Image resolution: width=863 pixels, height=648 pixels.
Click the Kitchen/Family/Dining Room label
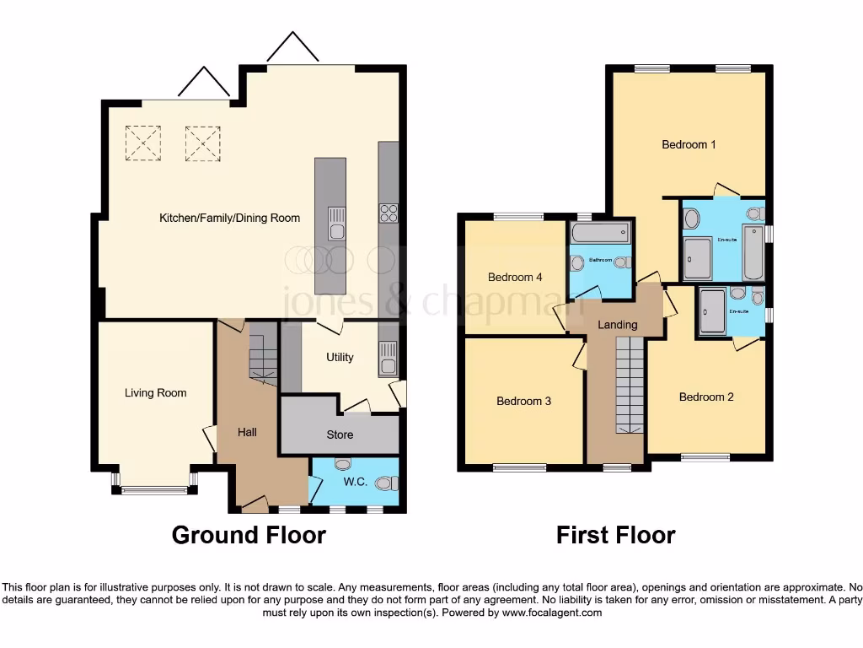click(x=229, y=218)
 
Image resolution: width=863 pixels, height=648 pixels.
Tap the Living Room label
click(x=155, y=392)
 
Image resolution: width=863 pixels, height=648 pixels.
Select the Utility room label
click(x=340, y=357)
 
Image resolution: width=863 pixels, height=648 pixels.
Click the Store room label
click(x=340, y=435)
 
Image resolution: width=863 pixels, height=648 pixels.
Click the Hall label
click(x=247, y=432)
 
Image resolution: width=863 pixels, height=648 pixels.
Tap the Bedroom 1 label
click(x=689, y=144)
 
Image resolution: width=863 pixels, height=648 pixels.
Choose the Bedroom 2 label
click(x=706, y=397)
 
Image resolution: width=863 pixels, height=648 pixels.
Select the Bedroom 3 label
click(x=523, y=401)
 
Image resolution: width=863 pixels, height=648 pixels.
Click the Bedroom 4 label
click(x=515, y=277)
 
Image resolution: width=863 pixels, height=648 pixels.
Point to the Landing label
click(x=617, y=325)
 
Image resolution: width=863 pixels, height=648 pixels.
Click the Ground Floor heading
click(x=249, y=535)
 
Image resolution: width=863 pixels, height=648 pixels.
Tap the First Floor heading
click(x=615, y=535)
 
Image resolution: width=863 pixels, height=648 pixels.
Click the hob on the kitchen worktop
click(x=389, y=213)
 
